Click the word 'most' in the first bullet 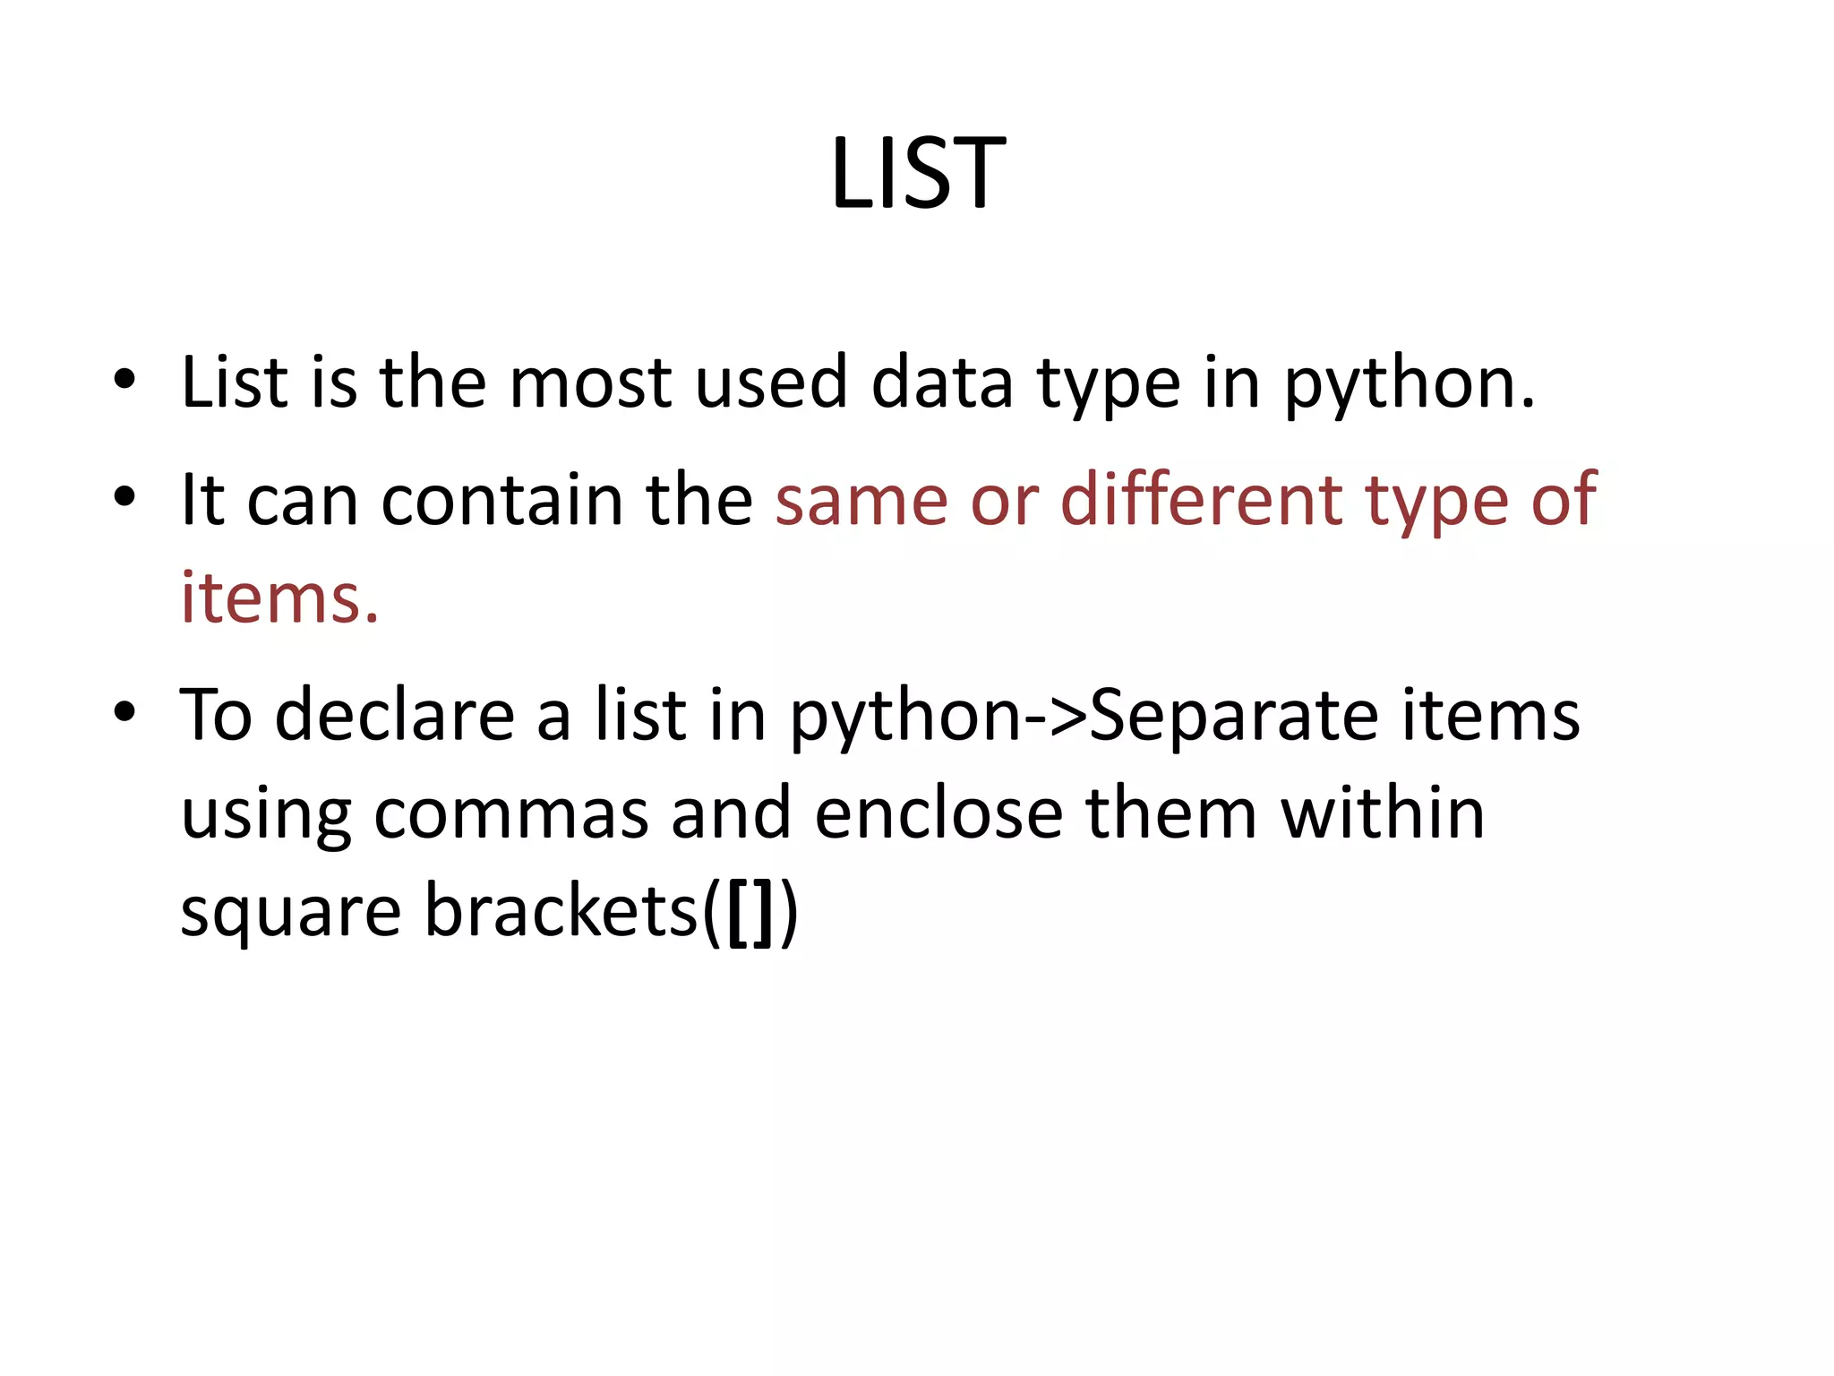pyautogui.click(x=590, y=383)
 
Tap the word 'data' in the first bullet pyautogui.click(x=942, y=383)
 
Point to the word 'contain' pyautogui.click(x=501, y=500)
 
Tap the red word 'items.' pyautogui.click(x=280, y=598)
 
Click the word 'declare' pyautogui.click(x=394, y=716)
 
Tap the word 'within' pyautogui.click(x=1383, y=813)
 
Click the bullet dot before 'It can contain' pyautogui.click(x=124, y=495)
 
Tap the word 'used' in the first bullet pyautogui.click(x=771, y=383)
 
